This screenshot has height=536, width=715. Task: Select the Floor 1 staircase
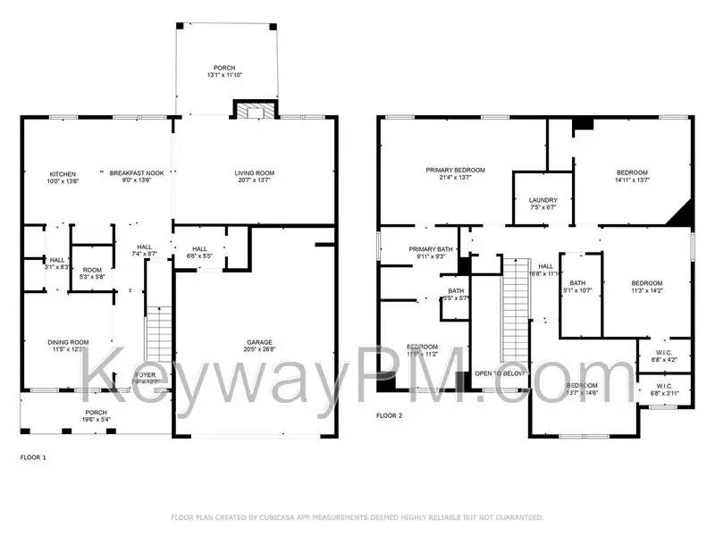pos(158,335)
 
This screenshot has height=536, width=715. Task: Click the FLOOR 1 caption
pos(33,457)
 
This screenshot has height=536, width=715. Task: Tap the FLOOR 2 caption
pos(389,415)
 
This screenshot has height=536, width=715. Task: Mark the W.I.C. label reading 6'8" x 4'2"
pos(664,356)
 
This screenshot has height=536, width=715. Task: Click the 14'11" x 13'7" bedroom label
pos(632,176)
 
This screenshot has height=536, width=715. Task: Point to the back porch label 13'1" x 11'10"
pos(223,72)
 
